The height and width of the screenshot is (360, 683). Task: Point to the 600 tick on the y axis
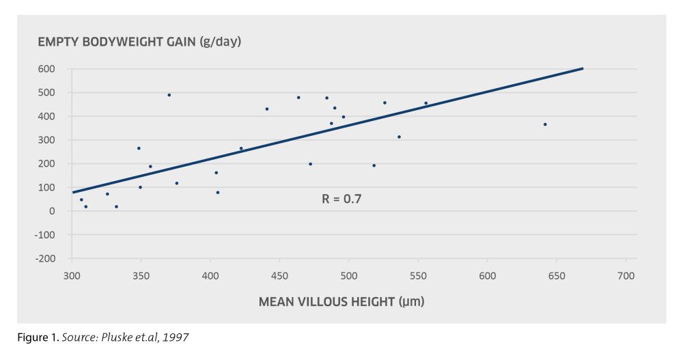coord(47,69)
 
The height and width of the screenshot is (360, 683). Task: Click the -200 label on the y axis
coord(45,259)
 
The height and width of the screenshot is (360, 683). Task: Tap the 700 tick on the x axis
coord(626,276)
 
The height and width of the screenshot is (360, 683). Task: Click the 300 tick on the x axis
coord(72,276)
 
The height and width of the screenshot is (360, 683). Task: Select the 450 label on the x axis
coord(279,276)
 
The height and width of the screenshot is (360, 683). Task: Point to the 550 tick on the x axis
coord(418,276)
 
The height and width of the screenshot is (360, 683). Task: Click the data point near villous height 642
coord(545,124)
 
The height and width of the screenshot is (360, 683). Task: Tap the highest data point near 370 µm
coord(169,95)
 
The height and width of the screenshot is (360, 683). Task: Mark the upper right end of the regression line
coord(583,68)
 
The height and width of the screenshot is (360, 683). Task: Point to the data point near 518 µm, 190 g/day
coord(374,165)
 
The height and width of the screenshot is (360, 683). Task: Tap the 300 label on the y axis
coord(47,140)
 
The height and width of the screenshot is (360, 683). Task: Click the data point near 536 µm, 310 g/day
coord(399,137)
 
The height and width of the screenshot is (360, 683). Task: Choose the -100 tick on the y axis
coord(45,235)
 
